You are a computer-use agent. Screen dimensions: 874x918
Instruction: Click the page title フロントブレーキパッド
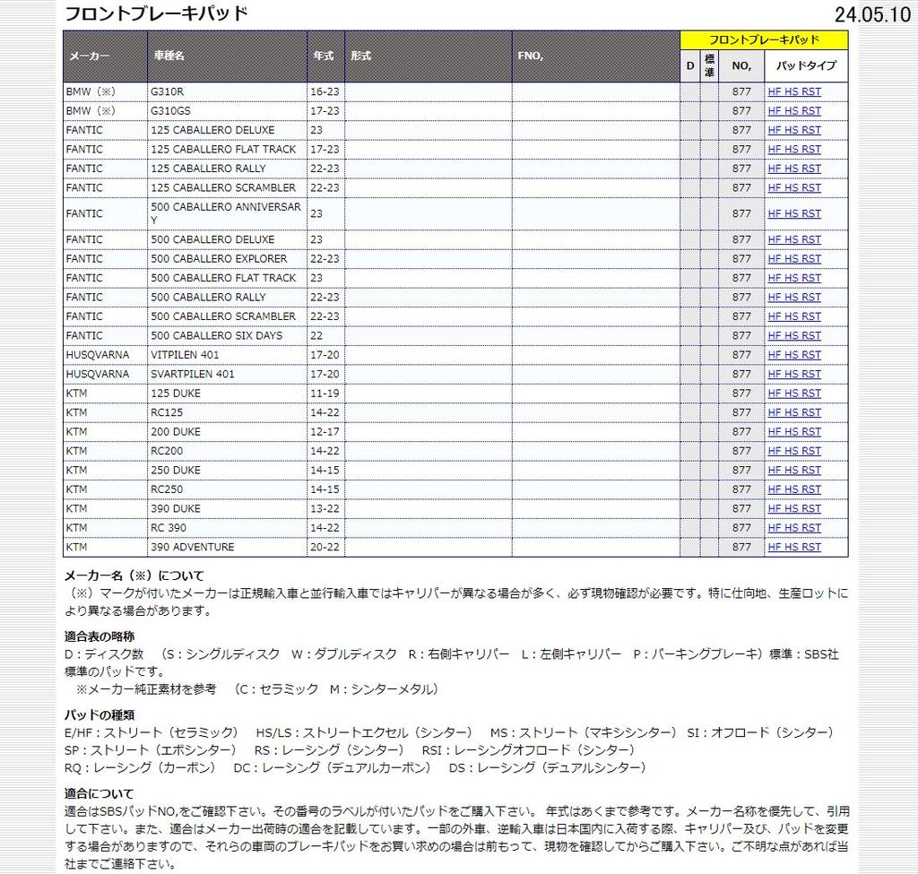click(156, 13)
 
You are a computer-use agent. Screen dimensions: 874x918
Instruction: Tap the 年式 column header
click(324, 56)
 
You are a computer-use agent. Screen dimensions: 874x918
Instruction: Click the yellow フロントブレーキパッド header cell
click(764, 40)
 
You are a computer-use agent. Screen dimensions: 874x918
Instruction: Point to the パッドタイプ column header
click(805, 65)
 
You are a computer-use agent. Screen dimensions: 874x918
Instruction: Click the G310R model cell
click(168, 91)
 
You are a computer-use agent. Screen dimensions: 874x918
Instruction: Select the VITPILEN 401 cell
click(185, 355)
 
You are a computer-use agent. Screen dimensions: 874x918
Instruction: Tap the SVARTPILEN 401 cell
click(193, 374)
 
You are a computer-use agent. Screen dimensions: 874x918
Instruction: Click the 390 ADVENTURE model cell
click(193, 547)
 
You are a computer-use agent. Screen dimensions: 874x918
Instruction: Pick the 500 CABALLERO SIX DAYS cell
click(216, 335)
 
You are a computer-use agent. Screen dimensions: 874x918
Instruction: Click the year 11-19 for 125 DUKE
click(325, 394)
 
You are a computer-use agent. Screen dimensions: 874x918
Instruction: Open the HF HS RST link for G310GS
click(794, 111)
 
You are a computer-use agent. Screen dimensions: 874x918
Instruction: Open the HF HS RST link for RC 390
click(794, 528)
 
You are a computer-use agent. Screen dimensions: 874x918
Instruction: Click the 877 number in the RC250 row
click(741, 489)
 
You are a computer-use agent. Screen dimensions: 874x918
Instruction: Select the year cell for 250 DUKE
click(325, 471)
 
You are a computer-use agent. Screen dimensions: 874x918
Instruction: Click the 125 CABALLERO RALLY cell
click(208, 169)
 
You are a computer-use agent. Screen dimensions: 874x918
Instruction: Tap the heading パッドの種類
click(100, 714)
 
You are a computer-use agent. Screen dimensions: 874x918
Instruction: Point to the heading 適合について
click(100, 793)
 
